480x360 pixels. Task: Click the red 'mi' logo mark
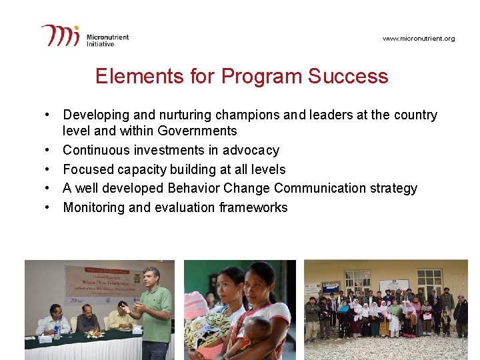click(61, 35)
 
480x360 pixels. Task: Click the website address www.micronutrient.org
click(419, 39)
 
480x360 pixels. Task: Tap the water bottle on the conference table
click(57, 329)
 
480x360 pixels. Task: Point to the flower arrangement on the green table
click(95, 333)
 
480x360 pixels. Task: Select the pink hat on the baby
click(197, 304)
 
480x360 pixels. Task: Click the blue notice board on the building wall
click(330, 287)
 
